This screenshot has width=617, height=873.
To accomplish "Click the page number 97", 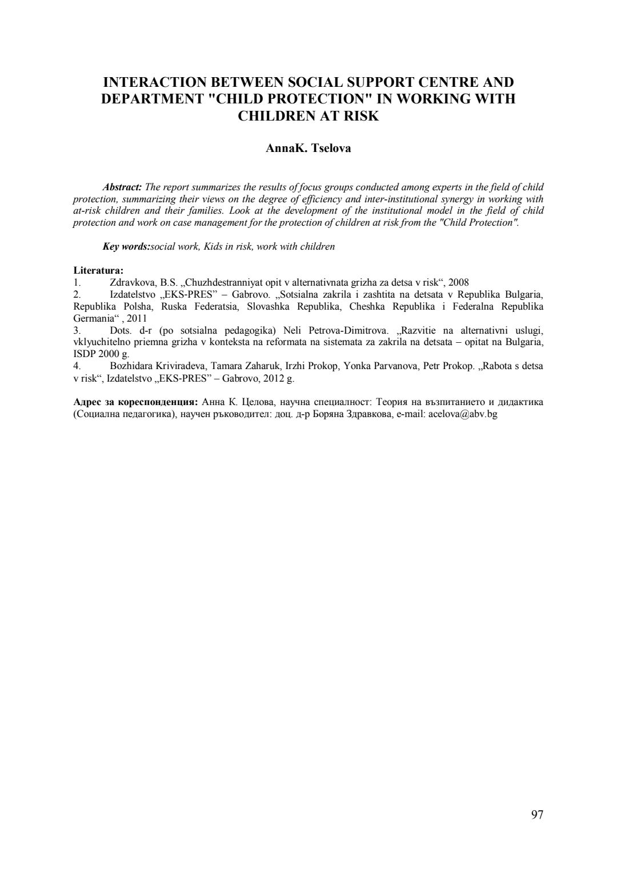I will coord(536,815).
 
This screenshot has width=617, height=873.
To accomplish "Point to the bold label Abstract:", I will coord(122,187).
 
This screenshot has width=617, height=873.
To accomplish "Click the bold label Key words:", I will coord(126,246).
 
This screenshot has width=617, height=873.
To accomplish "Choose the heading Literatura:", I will coord(98,270).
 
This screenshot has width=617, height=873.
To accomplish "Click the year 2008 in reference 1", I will coord(459,282).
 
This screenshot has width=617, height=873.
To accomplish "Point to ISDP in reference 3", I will coord(85,354).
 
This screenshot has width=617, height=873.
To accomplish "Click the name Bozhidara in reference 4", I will coord(129,366).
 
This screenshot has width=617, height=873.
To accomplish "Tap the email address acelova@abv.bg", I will coord(463,414).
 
